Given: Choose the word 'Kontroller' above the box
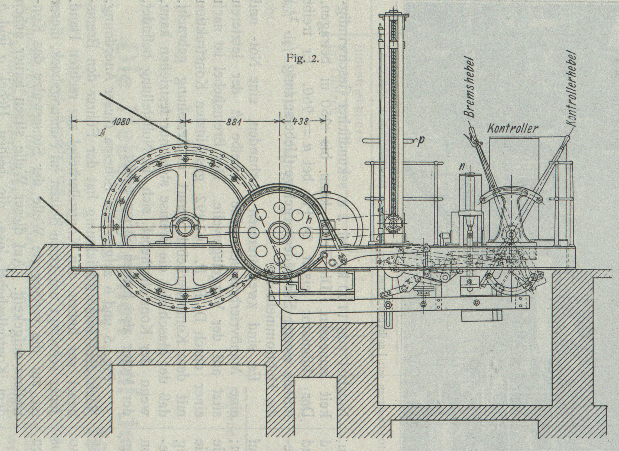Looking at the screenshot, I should [512, 129].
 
